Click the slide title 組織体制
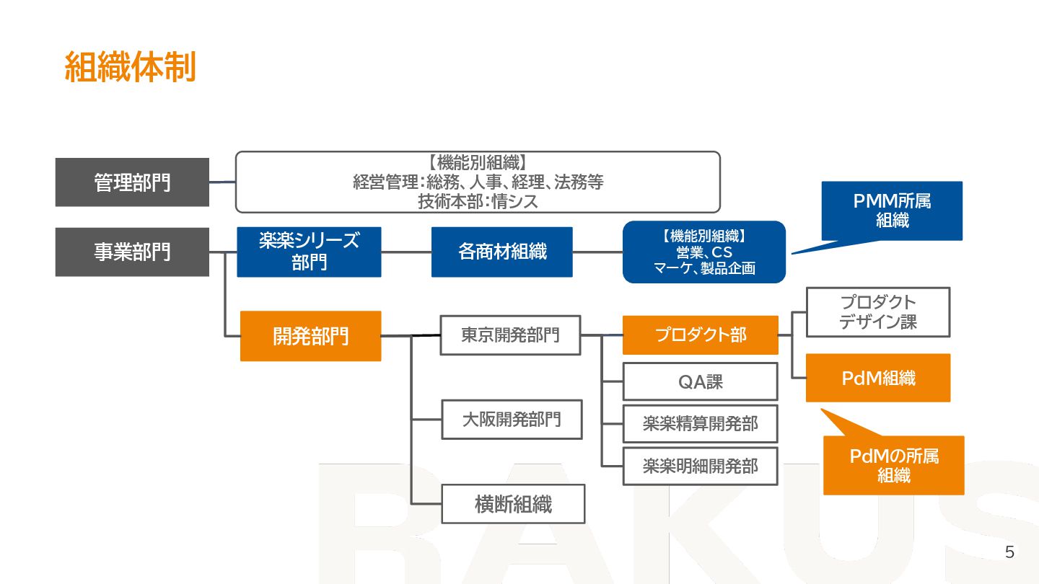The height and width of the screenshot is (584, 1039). tap(130, 68)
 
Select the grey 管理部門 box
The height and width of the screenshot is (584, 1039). tap(132, 182)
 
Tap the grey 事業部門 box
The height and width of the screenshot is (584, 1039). tap(132, 252)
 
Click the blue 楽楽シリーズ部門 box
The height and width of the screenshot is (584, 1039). tap(309, 252)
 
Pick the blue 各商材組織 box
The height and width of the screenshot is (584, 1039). tap(502, 252)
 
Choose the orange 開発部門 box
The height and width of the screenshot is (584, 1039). tap(310, 336)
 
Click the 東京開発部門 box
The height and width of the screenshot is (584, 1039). tap(510, 335)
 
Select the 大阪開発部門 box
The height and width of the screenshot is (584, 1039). tap(512, 420)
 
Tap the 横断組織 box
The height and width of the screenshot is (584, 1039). tap(513, 504)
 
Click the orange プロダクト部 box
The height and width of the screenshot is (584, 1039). tap(700, 335)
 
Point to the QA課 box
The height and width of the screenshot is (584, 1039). tap(700, 381)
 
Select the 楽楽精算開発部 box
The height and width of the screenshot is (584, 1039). tap(700, 424)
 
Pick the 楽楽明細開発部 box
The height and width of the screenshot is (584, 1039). tap(700, 466)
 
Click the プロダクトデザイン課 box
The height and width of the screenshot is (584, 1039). tap(877, 312)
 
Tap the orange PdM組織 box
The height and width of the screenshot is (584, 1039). tap(877, 378)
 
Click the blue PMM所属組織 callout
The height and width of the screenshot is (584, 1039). tap(892, 211)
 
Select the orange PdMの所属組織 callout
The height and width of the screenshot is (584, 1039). tap(893, 465)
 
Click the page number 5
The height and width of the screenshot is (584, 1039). tap(1009, 553)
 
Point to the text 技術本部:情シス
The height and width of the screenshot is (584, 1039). tap(478, 202)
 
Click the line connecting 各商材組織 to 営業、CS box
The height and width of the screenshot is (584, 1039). tap(597, 252)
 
